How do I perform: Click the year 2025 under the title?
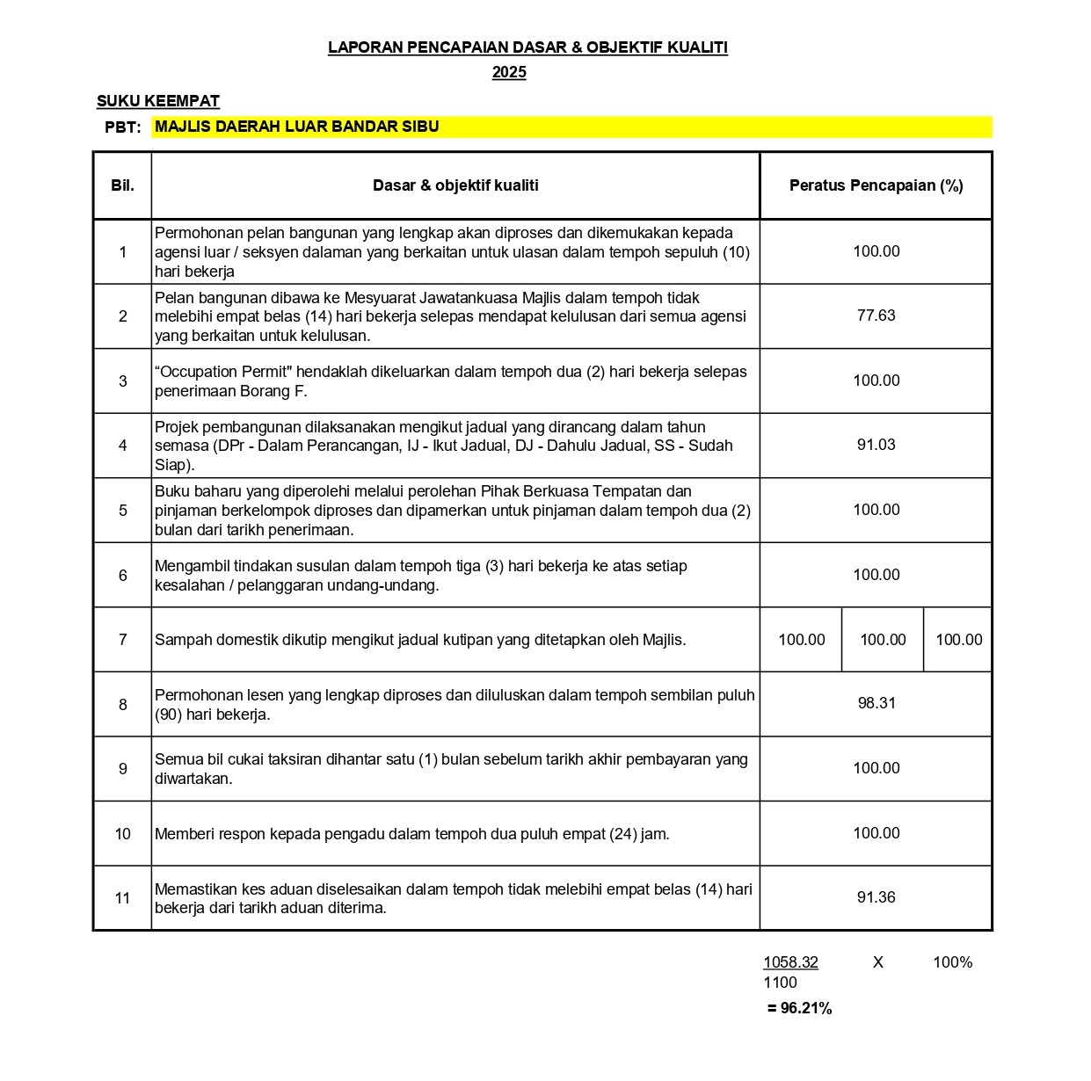[x=509, y=72]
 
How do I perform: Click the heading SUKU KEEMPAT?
[x=158, y=101]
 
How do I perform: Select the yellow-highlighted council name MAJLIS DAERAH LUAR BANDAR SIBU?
[x=297, y=127]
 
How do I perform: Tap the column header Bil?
[x=122, y=185]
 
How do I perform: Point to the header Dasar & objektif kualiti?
[x=455, y=185]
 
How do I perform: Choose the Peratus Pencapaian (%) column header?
[x=876, y=185]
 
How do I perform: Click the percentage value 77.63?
[x=876, y=316]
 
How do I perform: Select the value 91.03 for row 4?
[x=876, y=445]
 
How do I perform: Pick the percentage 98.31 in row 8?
[x=876, y=703]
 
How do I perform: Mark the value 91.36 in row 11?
[x=876, y=897]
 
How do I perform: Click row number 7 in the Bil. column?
[x=122, y=640]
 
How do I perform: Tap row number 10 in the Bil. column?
[x=122, y=833]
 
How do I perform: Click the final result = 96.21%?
[x=799, y=1008]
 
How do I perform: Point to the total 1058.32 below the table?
[x=790, y=962]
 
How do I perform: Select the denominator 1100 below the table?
[x=780, y=983]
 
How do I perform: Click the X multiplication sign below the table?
[x=877, y=962]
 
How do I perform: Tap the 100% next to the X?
[x=952, y=962]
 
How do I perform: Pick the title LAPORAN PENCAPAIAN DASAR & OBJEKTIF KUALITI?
[x=527, y=47]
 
